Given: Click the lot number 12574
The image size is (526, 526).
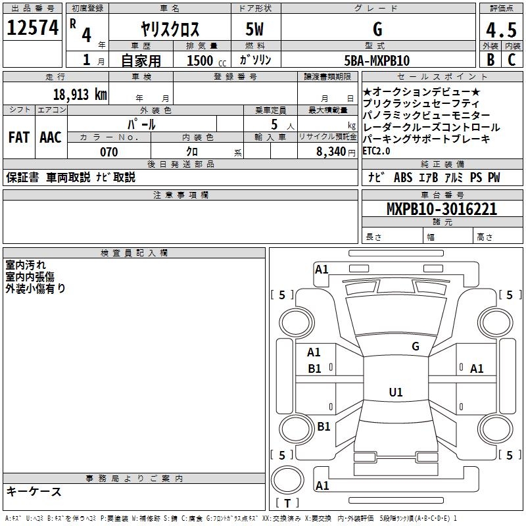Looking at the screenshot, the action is pyautogui.click(x=32, y=28).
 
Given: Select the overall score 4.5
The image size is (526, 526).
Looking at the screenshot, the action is pyautogui.click(x=501, y=30).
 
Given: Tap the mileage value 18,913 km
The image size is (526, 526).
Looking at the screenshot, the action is pyautogui.click(x=80, y=94).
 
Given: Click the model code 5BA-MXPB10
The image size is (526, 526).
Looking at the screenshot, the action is pyautogui.click(x=377, y=60).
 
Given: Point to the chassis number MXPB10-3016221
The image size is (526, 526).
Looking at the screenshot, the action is pyautogui.click(x=442, y=209).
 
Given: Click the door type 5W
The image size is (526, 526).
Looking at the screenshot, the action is pyautogui.click(x=254, y=29).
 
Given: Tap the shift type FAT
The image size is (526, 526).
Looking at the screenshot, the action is pyautogui.click(x=19, y=137).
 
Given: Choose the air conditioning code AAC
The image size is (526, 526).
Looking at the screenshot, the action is pyautogui.click(x=51, y=137).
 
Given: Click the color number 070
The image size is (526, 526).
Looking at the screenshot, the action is pyautogui.click(x=109, y=152).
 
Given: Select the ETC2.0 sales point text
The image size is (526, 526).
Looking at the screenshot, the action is pyautogui.click(x=376, y=151).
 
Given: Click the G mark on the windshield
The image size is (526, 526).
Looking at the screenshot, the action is pyautogui.click(x=416, y=347).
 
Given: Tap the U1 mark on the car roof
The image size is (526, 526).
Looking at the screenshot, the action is pyautogui.click(x=396, y=392).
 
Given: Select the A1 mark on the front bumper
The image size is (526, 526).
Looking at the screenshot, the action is pyautogui.click(x=322, y=270).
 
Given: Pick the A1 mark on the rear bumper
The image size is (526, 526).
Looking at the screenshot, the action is pyautogui.click(x=322, y=485).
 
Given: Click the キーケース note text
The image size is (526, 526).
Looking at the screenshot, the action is pyautogui.click(x=34, y=492).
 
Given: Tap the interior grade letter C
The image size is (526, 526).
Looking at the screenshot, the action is pyautogui.click(x=512, y=60).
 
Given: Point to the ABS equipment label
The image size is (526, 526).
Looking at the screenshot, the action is pyautogui.click(x=403, y=178).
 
